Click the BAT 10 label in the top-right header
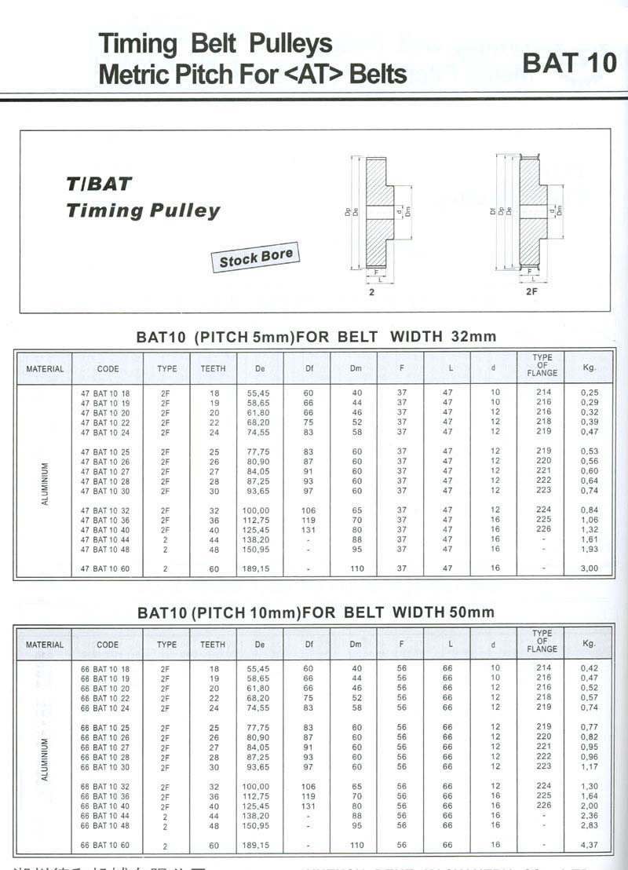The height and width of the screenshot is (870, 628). pyautogui.click(x=570, y=63)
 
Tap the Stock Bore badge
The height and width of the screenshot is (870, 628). pyautogui.click(x=256, y=258)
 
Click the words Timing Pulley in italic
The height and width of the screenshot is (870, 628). pyautogui.click(x=143, y=210)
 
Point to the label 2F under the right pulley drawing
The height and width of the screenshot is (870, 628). pyautogui.click(x=531, y=291)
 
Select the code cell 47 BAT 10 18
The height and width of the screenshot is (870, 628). pyautogui.click(x=106, y=393)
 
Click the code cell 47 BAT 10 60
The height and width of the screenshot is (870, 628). pyautogui.click(x=106, y=567)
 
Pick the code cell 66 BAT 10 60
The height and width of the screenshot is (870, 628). pyautogui.click(x=106, y=846)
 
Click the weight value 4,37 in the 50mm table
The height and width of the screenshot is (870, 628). pyautogui.click(x=589, y=845)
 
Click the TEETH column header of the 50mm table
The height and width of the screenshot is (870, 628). pyautogui.click(x=213, y=645)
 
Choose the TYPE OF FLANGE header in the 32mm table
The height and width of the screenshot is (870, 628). pyautogui.click(x=542, y=365)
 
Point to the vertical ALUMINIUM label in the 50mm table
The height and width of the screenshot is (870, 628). pyautogui.click(x=45, y=759)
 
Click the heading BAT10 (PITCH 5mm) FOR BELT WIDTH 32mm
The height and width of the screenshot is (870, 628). pyautogui.click(x=316, y=337)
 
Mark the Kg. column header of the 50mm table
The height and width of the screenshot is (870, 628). pyautogui.click(x=590, y=644)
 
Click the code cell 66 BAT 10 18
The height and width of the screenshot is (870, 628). pyautogui.click(x=106, y=669)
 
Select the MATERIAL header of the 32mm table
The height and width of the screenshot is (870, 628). pyautogui.click(x=45, y=368)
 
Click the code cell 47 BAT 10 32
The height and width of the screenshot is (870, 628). pyautogui.click(x=106, y=510)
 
